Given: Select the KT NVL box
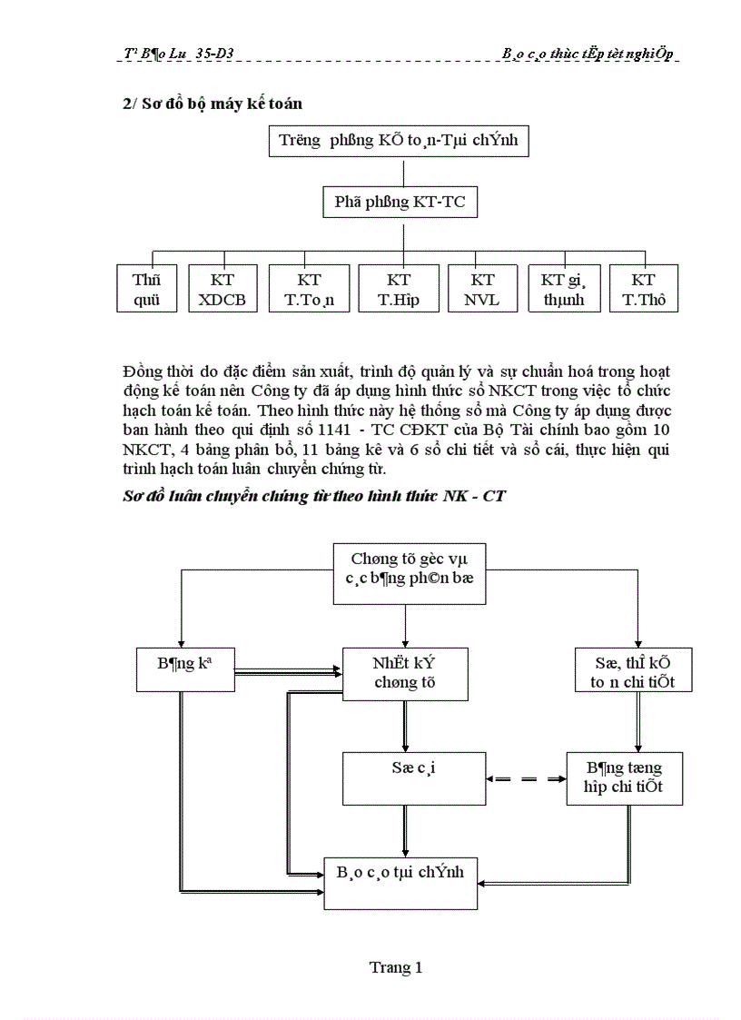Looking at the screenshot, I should point(483,290).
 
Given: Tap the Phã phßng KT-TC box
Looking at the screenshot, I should point(400,202).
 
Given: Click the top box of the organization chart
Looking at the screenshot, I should point(399,142).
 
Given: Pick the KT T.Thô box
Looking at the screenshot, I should point(644,290).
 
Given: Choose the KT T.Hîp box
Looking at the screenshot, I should point(399,290).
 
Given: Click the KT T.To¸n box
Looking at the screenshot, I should point(309,290).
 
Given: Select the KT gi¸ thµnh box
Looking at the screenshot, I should point(563,290).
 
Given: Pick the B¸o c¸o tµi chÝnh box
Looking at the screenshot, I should point(400,882).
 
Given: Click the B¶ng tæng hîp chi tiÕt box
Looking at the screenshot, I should point(624,777).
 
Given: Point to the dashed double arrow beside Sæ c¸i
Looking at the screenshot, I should point(525,778).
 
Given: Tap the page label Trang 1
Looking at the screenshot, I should point(395,967).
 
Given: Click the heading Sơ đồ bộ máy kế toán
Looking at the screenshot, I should point(212,104).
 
